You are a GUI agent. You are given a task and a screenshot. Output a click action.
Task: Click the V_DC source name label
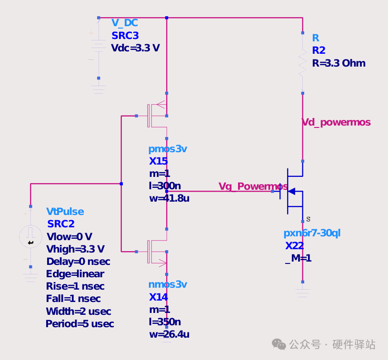[124, 23]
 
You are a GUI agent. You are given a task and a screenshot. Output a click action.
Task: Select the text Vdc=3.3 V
[135, 48]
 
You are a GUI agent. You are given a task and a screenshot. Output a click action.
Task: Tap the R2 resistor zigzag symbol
[303, 63]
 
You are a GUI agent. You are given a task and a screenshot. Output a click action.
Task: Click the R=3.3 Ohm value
[339, 63]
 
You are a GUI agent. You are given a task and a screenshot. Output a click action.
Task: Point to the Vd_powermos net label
[336, 122]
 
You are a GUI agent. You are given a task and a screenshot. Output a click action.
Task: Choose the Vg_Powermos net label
[253, 186]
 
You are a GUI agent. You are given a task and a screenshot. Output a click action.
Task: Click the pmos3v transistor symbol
[158, 116]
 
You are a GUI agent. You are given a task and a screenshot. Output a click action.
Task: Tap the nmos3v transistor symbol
[158, 252]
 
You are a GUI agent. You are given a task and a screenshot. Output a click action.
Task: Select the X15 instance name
[159, 161]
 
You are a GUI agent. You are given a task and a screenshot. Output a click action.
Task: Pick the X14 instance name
[159, 297]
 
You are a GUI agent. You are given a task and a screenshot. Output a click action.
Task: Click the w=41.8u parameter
[169, 198]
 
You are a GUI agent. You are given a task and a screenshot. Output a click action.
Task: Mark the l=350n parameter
[165, 322]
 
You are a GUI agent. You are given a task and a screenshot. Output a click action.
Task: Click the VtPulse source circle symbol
[30, 237]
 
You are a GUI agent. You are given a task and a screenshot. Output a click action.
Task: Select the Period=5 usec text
[80, 324]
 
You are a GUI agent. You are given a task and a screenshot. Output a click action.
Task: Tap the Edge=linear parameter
[75, 274]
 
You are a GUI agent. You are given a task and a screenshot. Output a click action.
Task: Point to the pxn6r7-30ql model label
[312, 233]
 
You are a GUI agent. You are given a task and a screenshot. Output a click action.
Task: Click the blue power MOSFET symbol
[291, 191]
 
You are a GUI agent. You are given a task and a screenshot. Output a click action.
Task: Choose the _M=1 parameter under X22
[298, 258]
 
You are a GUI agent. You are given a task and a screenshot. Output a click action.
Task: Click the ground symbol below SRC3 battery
[99, 89]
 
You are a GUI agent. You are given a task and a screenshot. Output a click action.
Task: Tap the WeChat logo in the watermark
[279, 344]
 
